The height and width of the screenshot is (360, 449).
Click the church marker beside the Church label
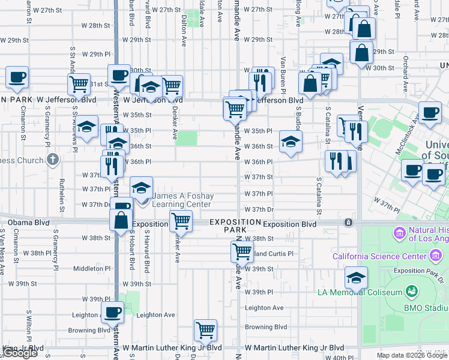click(x=53, y=160)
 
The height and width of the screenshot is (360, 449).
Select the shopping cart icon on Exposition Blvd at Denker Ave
click(x=181, y=221)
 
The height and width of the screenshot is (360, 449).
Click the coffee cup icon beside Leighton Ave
click(x=113, y=312)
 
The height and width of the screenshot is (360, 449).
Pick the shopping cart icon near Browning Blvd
click(x=205, y=329)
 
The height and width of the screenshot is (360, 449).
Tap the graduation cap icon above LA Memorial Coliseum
click(x=356, y=278)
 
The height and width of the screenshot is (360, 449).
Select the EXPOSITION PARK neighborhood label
click(x=235, y=226)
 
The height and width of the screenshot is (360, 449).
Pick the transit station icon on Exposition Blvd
click(x=349, y=223)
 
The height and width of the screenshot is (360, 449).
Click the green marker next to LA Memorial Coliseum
click(x=412, y=292)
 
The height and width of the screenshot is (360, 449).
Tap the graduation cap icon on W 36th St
click(x=291, y=142)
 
